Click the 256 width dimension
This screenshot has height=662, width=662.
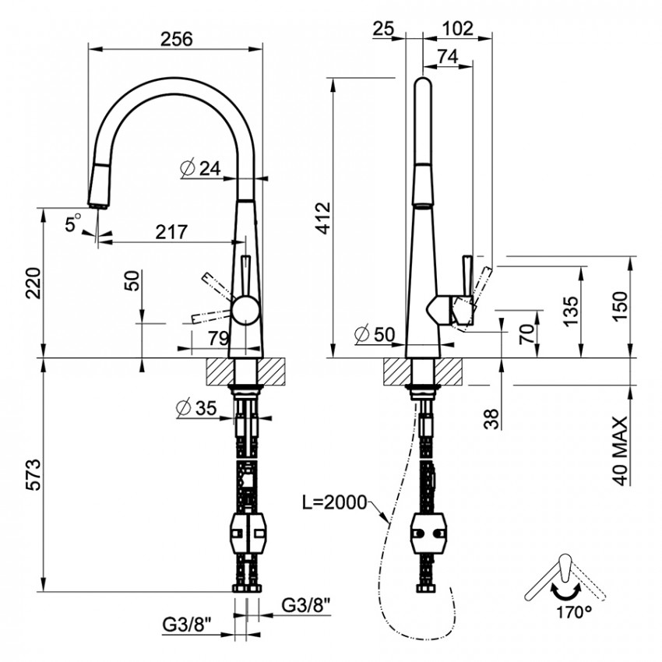tap(176, 39)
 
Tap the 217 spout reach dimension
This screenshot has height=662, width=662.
tap(171, 231)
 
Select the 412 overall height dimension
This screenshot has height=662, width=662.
tap(324, 218)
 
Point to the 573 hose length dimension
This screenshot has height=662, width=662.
tap(33, 474)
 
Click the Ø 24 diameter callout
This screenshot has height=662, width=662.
tap(200, 168)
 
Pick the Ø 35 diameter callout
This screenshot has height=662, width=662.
tap(196, 408)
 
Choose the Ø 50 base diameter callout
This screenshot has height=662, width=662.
tap(375, 334)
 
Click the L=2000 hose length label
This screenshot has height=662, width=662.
tap(334, 502)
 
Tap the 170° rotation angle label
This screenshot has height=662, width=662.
tap(573, 612)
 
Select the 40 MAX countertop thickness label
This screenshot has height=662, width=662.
tap(619, 451)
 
